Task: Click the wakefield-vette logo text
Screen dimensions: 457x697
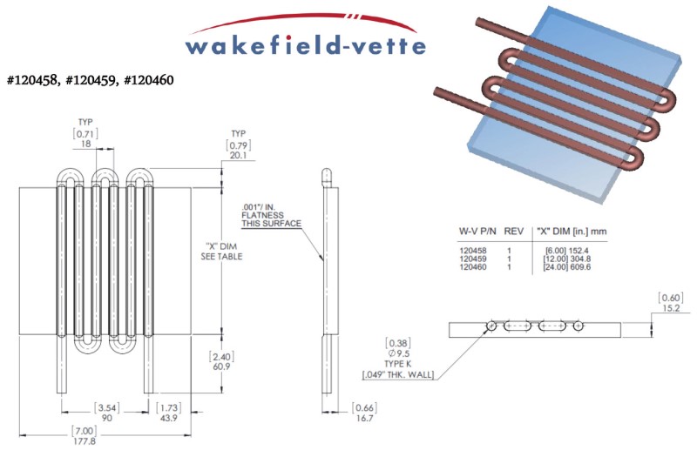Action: coord(305,44)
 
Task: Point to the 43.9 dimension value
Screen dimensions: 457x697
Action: coord(167,419)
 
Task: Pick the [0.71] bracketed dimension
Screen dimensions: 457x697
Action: coord(85,133)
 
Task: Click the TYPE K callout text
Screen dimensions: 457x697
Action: coord(398,365)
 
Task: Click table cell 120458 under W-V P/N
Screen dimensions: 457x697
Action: coord(472,250)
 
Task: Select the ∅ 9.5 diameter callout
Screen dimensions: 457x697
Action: coord(398,354)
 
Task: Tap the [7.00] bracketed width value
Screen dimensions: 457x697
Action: coord(85,430)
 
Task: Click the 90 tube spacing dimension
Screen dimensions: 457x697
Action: coord(107,419)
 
